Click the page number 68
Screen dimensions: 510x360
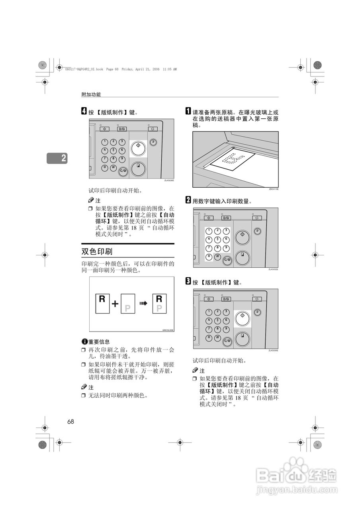pos(70,422)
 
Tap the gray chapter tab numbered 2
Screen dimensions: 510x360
pos(57,158)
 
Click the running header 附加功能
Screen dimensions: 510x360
pos(91,94)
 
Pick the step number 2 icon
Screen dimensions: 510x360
pos(188,200)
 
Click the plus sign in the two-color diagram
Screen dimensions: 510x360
pos(115,304)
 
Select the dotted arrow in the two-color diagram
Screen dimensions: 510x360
pos(143,304)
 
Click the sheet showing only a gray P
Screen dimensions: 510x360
pos(128,305)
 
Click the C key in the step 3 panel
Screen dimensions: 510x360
pos(227,341)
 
